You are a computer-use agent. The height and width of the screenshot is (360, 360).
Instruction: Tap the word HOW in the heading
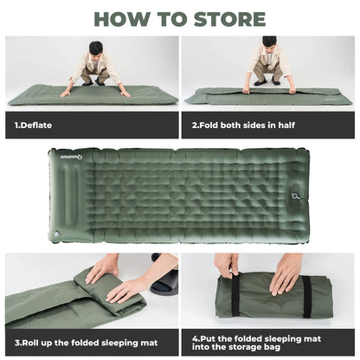coord(121,19)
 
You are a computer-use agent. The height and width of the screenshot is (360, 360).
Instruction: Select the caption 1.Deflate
coord(34,125)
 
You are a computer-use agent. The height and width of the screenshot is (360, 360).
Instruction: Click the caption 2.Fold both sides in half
coord(243,125)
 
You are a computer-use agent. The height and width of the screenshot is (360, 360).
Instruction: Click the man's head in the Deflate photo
coord(96,48)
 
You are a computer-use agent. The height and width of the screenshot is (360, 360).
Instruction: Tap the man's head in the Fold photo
coord(269,43)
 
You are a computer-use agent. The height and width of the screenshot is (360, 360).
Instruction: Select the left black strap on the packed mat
coord(235,295)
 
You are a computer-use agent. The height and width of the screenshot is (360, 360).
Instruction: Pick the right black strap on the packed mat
coord(305,295)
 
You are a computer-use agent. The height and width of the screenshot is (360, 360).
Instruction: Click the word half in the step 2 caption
coord(284,125)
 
